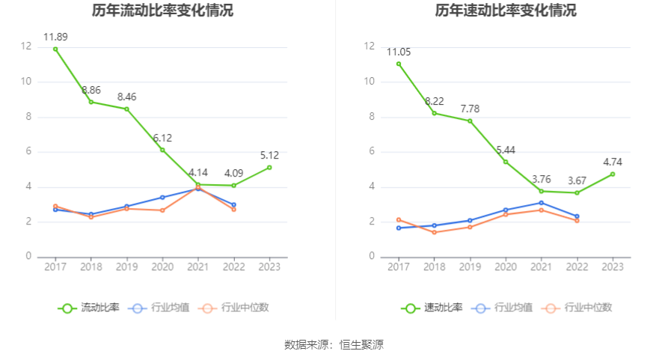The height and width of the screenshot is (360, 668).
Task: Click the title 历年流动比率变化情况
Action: (162, 11)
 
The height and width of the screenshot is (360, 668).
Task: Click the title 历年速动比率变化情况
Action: (506, 11)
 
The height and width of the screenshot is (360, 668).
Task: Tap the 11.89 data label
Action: (55, 37)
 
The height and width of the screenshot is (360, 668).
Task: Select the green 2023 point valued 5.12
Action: (269, 167)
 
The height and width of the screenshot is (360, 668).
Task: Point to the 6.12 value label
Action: (162, 138)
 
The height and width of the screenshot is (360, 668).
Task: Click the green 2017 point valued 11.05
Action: (399, 64)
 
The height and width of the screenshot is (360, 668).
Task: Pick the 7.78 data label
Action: (470, 109)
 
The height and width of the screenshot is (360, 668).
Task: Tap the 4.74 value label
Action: (613, 162)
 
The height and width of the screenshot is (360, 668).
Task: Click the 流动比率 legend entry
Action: (89, 308)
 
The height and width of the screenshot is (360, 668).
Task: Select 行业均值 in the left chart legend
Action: (159, 308)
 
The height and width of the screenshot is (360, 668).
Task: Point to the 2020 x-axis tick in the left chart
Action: (162, 266)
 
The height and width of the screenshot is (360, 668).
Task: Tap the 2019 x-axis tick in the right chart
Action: (470, 266)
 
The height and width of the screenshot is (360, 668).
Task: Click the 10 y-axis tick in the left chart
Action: (27, 82)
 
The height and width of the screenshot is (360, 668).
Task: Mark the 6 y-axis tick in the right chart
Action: (370, 152)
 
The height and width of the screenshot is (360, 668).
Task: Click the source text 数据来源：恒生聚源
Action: (334, 345)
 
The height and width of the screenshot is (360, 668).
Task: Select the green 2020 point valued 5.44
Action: (506, 162)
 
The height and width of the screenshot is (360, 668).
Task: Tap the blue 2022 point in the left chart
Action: (233, 204)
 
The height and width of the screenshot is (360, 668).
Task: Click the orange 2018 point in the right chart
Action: (434, 232)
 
